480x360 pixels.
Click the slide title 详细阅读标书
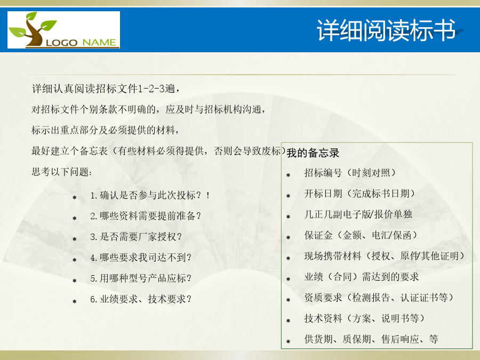(x=386, y=30)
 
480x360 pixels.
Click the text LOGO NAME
(x=81, y=43)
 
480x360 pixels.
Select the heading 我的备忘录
(x=313, y=153)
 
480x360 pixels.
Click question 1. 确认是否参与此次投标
(x=150, y=195)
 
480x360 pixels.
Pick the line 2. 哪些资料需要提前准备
(x=146, y=216)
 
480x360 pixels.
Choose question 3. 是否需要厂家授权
(x=136, y=237)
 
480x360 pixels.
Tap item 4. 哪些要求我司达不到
(x=141, y=258)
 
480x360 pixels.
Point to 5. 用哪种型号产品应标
(x=141, y=278)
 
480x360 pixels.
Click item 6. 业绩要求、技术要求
(x=141, y=299)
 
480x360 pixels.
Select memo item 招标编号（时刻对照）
(x=350, y=173)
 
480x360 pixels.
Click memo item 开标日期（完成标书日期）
(x=359, y=194)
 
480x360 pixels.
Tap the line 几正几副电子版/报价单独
(x=358, y=214)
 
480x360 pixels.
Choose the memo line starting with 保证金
(x=361, y=235)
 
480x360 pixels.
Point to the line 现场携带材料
(x=385, y=256)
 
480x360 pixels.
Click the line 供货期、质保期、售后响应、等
(x=371, y=339)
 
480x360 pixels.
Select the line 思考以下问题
(x=61, y=172)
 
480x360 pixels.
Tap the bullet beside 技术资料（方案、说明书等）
(x=289, y=321)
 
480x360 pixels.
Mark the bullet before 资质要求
(x=289, y=300)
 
